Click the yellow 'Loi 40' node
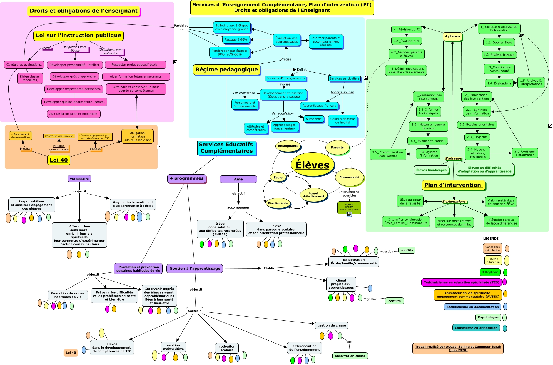coord(59,160)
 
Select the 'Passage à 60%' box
coord(236,40)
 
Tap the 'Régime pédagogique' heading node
coord(227,70)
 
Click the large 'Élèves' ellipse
coord(312,165)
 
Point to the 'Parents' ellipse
coord(337,148)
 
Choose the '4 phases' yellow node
coord(452,36)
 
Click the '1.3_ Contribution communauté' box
coord(499,69)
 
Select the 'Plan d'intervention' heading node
coord(453,185)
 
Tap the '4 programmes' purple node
coord(187,178)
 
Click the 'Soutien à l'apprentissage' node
coord(195,268)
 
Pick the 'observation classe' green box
coord(350,356)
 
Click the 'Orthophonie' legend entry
coord(490,272)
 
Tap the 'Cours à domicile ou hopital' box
coord(343,121)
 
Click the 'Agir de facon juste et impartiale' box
coord(73,114)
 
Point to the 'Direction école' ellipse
coord(278,203)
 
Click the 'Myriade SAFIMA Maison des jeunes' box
coord(349,207)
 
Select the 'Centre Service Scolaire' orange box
coord(59,136)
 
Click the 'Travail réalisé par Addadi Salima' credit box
coord(458,348)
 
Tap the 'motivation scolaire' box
coord(226,348)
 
